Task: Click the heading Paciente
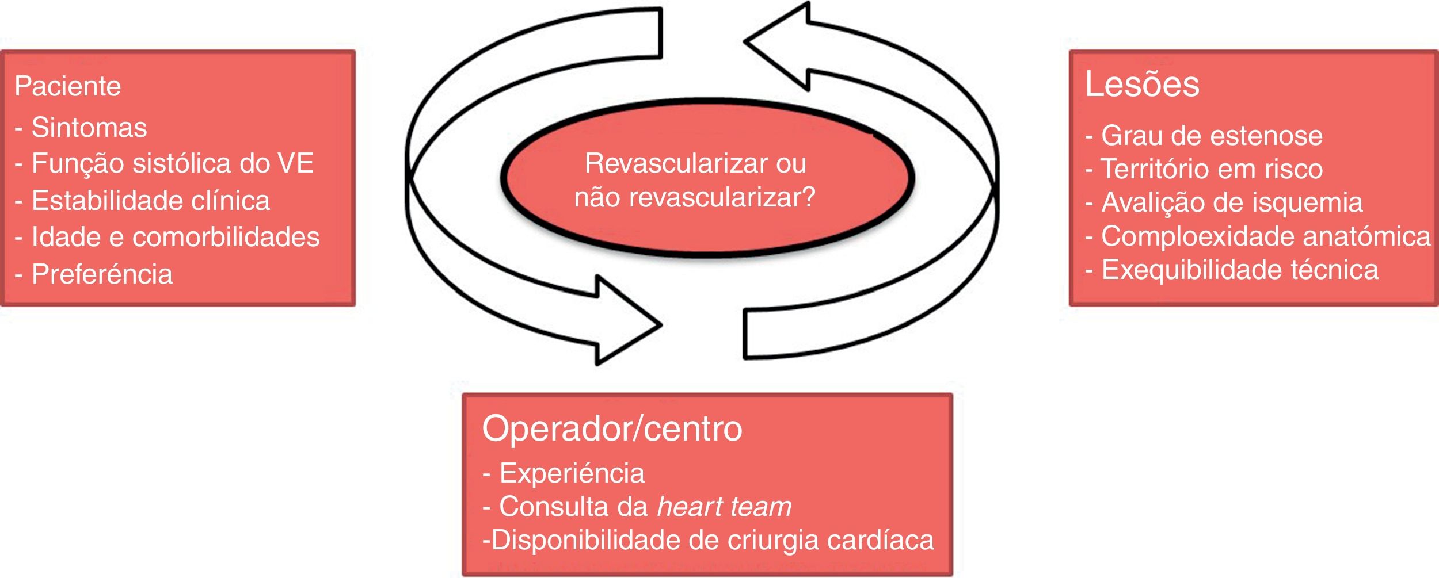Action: tap(68, 86)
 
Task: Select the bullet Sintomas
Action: tap(89, 128)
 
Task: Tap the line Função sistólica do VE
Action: tap(172, 164)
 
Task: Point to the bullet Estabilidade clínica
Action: tap(150, 201)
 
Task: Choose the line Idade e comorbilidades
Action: tap(175, 237)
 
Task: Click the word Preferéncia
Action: tap(102, 274)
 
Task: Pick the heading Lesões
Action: tap(1142, 85)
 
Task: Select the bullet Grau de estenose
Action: tap(1212, 136)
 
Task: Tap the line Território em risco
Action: tap(1212, 169)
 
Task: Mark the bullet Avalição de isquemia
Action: tap(1232, 202)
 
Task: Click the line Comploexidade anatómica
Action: tap(1265, 236)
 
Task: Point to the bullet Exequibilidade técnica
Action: tap(1239, 270)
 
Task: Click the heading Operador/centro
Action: tap(612, 429)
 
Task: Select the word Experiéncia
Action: tap(572, 473)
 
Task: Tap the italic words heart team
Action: tap(724, 507)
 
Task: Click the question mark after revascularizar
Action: tap(809, 197)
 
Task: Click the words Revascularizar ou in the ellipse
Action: tap(695, 163)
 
